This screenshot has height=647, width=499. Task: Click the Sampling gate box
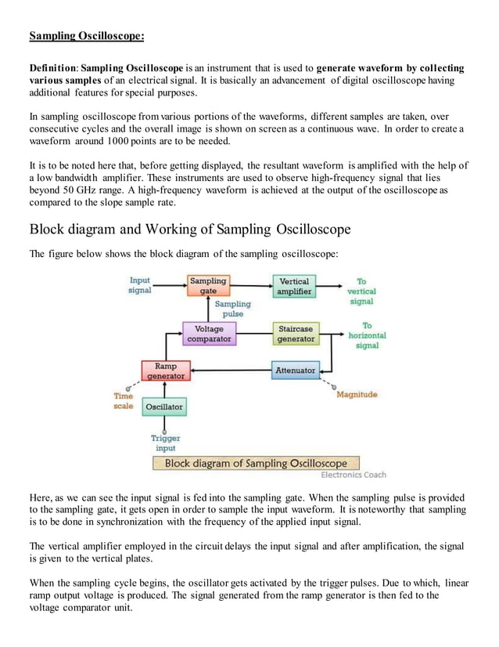208,286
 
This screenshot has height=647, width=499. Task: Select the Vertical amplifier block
294,286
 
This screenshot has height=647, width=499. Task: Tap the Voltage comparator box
210,334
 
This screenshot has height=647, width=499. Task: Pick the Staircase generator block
296,334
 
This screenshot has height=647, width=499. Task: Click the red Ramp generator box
166,370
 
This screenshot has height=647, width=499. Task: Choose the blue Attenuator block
296,370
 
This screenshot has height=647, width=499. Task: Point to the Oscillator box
164,407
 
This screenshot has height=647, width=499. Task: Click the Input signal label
140,285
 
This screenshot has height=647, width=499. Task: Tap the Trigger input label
165,443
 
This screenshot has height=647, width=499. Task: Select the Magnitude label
357,395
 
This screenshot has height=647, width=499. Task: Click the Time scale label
124,401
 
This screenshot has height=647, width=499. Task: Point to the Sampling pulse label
233,309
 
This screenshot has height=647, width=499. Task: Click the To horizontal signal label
367,335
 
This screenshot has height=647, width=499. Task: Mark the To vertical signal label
361,291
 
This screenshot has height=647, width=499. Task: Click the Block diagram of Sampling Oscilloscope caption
256,463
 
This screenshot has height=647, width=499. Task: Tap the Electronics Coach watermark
354,475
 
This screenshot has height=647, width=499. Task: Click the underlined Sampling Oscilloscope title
87,36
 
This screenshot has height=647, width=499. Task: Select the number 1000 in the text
118,141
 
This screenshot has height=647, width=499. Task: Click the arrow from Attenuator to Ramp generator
232,370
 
